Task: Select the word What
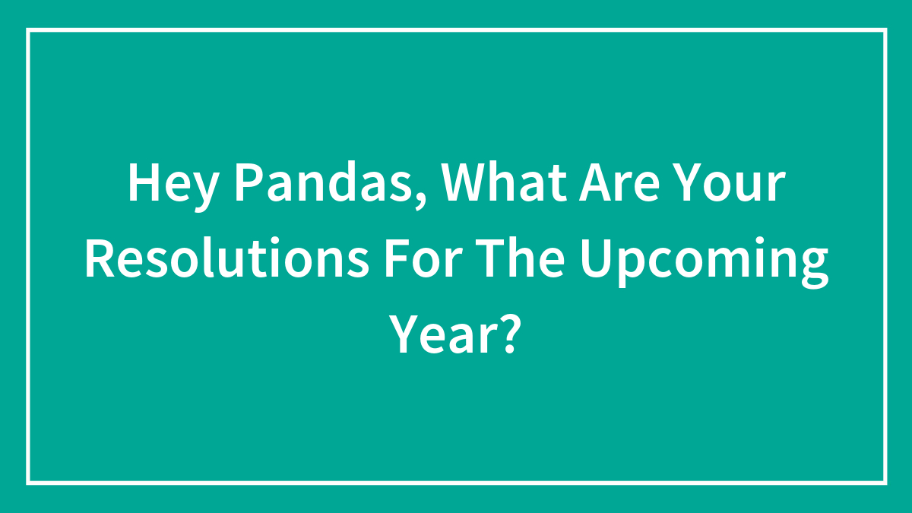tap(504, 182)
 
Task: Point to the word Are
tap(619, 182)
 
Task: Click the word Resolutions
tap(226, 258)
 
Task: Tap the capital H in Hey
tap(144, 182)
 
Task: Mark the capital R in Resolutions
tap(100, 258)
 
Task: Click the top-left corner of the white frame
tap(28, 30)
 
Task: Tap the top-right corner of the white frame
tap(885, 30)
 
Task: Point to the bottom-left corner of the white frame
tap(28, 483)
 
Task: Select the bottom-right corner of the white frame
tap(885, 483)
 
